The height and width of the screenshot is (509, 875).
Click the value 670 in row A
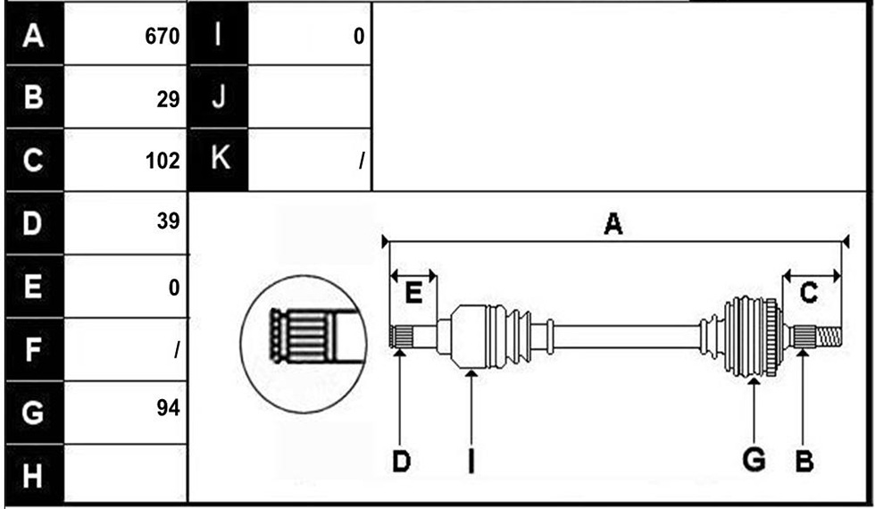(x=162, y=37)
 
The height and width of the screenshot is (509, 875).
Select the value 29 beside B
(x=168, y=99)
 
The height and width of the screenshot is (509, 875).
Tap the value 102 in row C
(x=162, y=161)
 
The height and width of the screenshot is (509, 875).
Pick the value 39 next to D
(x=168, y=221)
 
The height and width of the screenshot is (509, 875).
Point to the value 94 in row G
(x=168, y=408)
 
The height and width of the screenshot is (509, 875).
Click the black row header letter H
(x=32, y=476)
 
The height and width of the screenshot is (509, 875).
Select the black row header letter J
(x=218, y=96)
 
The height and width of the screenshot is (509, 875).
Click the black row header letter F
(x=32, y=349)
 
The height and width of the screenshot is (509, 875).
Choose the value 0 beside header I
(x=359, y=37)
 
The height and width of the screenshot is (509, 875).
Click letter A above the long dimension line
(x=612, y=225)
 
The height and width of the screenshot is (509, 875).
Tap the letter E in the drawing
(x=412, y=293)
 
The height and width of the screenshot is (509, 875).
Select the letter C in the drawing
(x=809, y=293)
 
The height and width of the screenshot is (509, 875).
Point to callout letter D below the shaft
(x=401, y=462)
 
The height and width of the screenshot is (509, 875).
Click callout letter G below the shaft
(x=754, y=459)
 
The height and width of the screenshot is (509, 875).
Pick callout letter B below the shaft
(x=804, y=461)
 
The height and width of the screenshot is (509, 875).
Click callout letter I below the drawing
(x=471, y=461)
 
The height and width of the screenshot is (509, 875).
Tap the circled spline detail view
(x=304, y=343)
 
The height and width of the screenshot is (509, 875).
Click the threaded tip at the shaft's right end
(x=829, y=338)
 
